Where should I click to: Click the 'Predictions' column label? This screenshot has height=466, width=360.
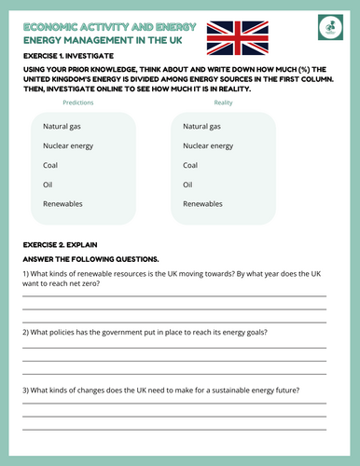[77, 103]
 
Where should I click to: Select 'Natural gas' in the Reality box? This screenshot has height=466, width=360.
[202, 126]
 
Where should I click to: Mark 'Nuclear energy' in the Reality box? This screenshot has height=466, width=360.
[209, 145]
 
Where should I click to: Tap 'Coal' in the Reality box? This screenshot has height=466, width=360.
[190, 165]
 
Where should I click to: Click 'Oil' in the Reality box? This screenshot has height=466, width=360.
[187, 185]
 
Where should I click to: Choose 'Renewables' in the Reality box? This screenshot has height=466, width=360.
[202, 203]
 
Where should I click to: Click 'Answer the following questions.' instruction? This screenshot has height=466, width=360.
[90, 258]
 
